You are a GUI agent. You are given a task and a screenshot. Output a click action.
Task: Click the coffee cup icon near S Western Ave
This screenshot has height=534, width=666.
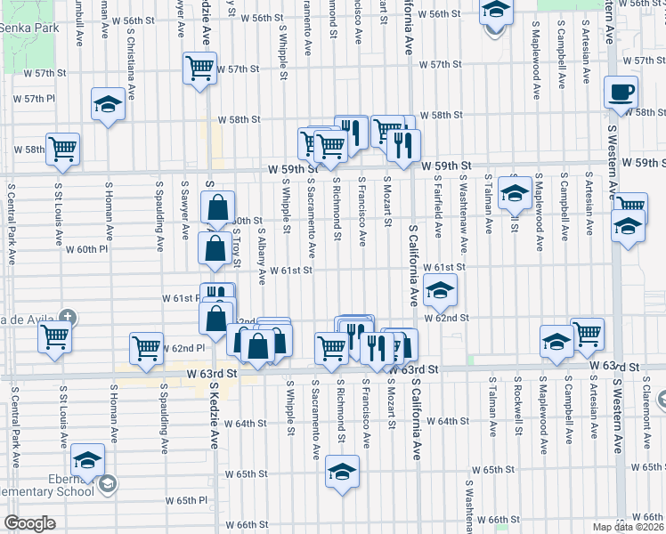pos(621,91)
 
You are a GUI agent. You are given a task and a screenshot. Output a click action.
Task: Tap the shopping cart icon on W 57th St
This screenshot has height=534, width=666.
pos(200,67)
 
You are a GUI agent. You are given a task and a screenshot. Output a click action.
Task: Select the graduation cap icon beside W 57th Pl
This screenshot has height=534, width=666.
pos(108,104)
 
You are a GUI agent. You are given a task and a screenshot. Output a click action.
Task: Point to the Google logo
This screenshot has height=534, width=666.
pos(28,523)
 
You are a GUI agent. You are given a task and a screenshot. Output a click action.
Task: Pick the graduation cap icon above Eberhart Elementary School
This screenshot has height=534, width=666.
pos(88,460)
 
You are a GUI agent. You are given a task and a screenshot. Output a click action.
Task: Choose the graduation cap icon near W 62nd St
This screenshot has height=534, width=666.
pos(440,290)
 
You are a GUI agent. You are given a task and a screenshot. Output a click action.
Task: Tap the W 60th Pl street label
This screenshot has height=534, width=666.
pos(91,249)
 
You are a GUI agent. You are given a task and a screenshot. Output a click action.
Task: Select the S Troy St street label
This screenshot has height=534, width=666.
pos(238,247)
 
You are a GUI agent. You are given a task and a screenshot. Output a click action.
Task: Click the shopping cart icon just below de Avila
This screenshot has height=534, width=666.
pos(54,337)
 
